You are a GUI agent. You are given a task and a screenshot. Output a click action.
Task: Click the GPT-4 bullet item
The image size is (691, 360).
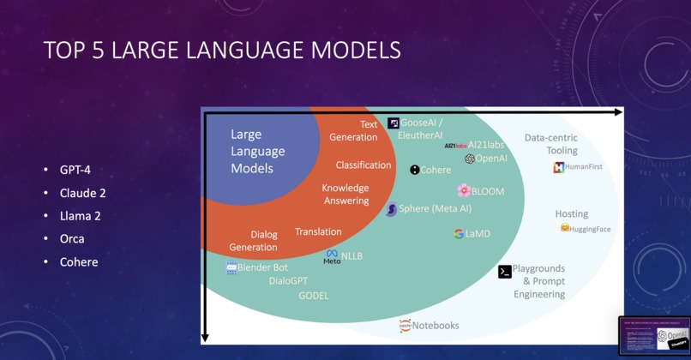75,170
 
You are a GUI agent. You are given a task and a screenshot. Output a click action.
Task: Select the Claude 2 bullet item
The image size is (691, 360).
82,193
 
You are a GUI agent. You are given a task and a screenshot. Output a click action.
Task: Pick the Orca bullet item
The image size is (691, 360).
72,238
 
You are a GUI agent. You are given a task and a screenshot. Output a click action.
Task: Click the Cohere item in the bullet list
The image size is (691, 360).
79,261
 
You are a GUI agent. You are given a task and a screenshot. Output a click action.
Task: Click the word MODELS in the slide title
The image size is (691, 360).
355,51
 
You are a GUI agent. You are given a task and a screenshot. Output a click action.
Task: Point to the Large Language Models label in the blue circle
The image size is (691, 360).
258,152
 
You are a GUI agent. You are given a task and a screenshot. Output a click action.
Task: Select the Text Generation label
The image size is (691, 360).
353,131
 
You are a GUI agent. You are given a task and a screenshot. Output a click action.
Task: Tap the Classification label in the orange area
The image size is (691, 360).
364,165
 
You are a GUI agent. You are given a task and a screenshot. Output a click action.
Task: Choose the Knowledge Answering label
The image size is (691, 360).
345,195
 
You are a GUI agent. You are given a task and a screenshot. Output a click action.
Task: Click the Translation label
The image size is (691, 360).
318,231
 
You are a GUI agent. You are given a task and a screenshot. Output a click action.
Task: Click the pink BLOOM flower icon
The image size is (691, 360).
464,190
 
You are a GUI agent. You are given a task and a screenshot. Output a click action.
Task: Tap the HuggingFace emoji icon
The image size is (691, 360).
565,228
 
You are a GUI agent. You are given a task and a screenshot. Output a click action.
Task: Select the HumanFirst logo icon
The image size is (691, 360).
559,167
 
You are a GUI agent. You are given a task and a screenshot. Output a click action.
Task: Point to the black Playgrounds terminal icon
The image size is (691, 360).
505,272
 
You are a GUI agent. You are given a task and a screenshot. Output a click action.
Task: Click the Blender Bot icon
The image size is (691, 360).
231,268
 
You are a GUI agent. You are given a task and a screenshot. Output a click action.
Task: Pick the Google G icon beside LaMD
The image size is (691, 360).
459,233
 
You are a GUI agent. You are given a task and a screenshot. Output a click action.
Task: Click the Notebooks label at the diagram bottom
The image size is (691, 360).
436,325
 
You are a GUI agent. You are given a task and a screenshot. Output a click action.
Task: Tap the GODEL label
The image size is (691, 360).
313,296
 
